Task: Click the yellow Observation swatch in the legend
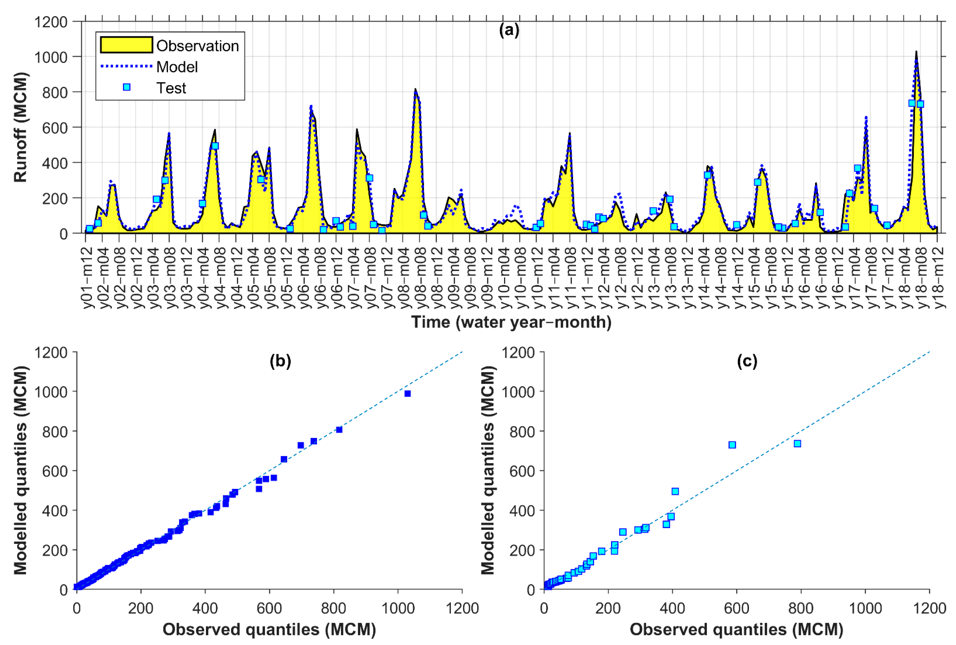pos(126,45)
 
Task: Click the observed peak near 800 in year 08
pos(415,89)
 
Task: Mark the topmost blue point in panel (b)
pos(407,394)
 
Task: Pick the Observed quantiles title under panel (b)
pos(269,629)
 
